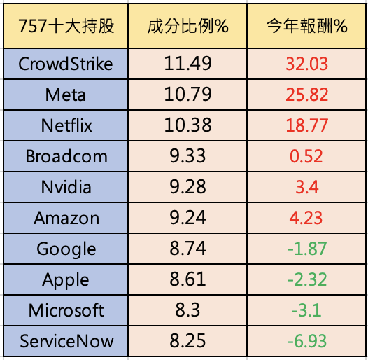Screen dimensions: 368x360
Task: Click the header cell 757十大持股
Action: tap(66, 26)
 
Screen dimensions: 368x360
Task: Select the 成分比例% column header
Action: tap(187, 26)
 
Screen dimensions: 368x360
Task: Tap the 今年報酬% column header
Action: tap(306, 26)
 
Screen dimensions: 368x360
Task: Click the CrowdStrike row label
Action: tap(66, 64)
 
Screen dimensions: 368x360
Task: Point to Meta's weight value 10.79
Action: tap(187, 95)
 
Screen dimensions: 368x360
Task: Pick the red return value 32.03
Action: tap(306, 64)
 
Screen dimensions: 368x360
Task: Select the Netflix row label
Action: tap(66, 125)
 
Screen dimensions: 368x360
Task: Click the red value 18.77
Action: tap(306, 125)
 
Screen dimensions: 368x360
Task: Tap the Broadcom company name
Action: tap(66, 156)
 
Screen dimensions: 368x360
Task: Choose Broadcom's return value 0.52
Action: tap(306, 156)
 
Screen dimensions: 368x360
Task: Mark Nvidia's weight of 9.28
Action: tap(187, 187)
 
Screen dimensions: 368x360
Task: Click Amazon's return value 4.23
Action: tap(306, 218)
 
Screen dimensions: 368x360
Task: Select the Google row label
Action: tap(66, 249)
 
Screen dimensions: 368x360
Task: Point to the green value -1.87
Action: tap(307, 249)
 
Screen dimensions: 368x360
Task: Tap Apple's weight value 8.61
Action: tap(187, 279)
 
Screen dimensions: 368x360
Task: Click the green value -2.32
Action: tap(307, 279)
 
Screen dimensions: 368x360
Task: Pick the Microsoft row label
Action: tap(66, 310)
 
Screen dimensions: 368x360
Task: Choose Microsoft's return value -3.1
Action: tap(306, 310)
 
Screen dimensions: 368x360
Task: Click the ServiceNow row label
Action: tap(66, 341)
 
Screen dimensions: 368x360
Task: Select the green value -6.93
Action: tap(307, 341)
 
